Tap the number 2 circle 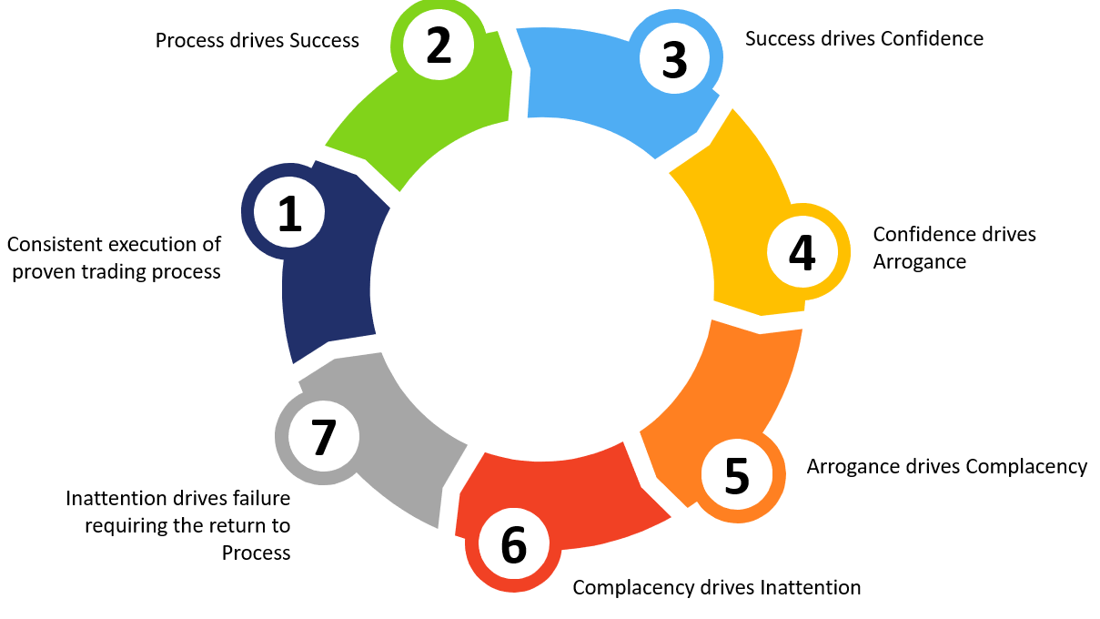439,46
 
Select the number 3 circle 674,59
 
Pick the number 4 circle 802,254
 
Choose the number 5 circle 737,474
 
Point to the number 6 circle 513,544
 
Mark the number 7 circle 323,436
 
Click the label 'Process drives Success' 257,40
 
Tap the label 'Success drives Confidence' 864,38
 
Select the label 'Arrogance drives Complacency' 946,466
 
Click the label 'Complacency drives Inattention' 716,587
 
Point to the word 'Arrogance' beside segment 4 919,261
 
